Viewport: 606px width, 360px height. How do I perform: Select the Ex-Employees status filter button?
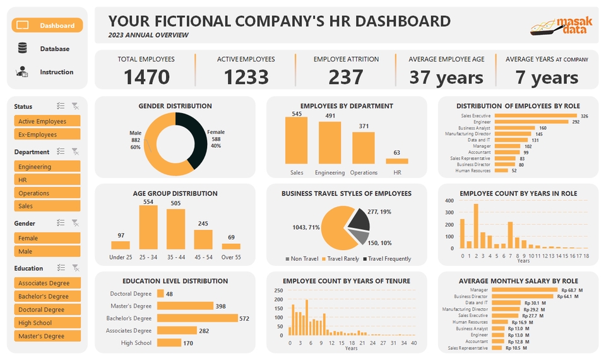[47, 135]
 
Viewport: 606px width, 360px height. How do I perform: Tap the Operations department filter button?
[47, 193]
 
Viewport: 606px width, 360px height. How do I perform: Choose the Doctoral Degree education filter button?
[47, 309]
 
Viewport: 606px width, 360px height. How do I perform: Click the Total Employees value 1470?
[146, 77]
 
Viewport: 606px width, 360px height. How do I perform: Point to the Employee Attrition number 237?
[346, 77]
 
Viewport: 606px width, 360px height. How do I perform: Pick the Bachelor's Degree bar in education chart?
[197, 318]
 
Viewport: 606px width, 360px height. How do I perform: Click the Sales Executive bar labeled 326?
[535, 116]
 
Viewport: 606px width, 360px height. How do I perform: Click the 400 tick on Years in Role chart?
[449, 201]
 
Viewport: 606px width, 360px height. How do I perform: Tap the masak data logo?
[561, 26]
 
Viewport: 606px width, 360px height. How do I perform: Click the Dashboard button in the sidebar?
[47, 26]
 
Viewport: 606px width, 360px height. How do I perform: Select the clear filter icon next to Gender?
[75, 223]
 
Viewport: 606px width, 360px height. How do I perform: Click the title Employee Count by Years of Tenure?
[346, 280]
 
